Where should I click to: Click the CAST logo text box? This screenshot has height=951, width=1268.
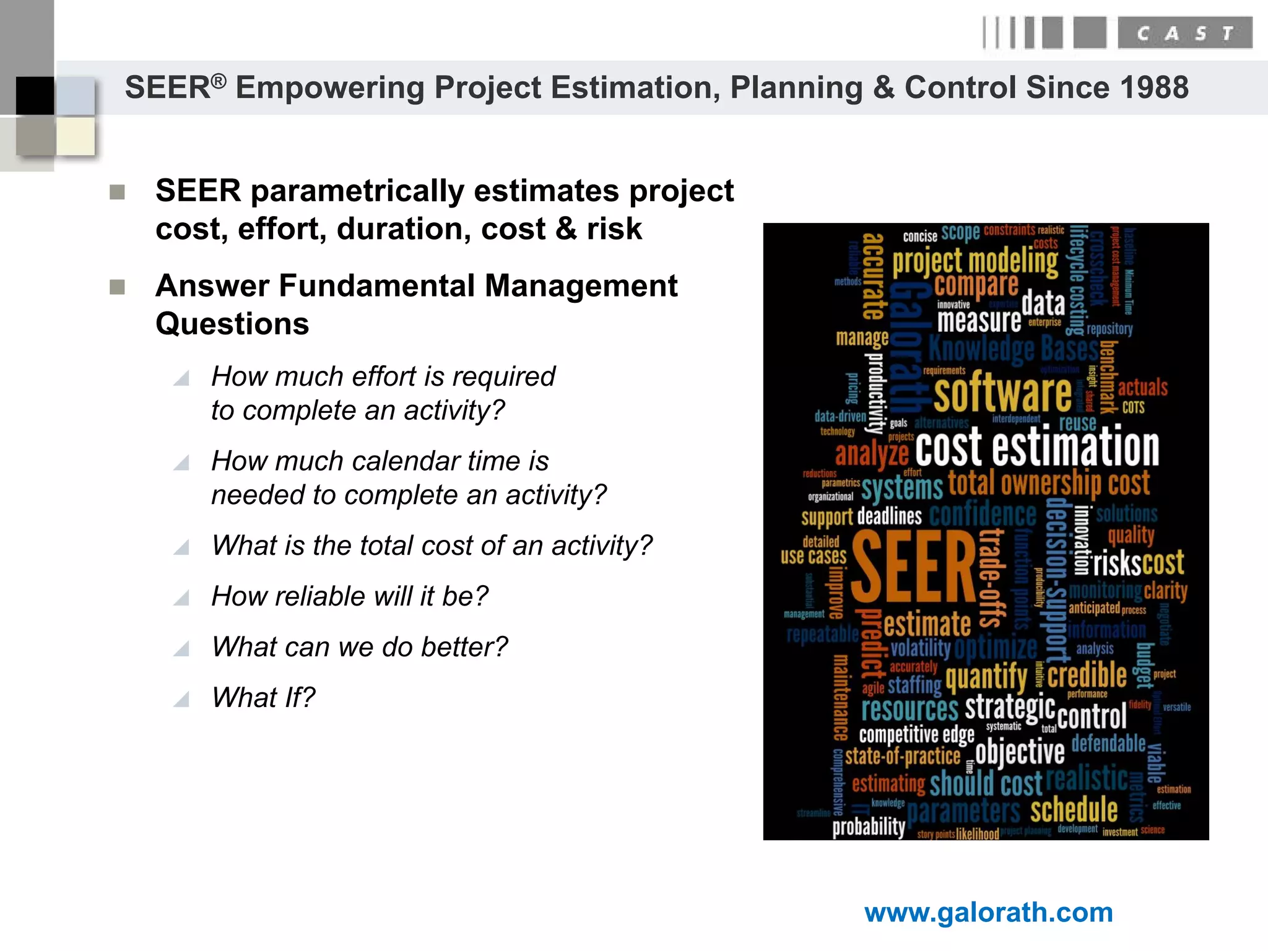pos(1184,33)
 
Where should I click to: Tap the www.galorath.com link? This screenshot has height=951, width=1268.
pos(988,913)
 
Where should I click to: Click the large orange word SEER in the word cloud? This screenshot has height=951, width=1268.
pos(913,568)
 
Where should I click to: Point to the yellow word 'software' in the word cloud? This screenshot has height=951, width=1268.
pos(1002,393)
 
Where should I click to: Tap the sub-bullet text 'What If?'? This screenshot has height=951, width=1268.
pos(263,698)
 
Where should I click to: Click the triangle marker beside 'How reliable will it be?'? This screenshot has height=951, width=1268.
pos(181,598)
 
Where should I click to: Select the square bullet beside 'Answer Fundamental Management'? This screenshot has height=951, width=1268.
pos(117,287)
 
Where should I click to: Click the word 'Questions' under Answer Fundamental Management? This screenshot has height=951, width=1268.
pos(232,324)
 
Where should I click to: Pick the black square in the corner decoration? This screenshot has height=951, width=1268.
pos(35,95)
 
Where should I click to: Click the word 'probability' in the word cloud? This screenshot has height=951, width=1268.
pos(868,827)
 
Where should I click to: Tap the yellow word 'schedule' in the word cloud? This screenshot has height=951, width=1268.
pos(1074,809)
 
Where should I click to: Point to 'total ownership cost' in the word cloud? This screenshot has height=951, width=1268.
pos(1048,484)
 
